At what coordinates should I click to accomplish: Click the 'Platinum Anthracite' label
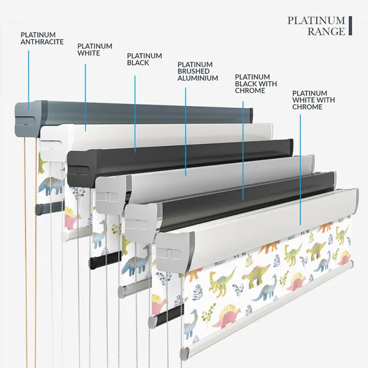tap(42, 38)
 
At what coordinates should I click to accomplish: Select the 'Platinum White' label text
tap(95, 50)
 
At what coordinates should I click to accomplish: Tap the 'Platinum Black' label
tap(145, 59)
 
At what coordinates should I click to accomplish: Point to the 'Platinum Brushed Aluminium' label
tap(198, 72)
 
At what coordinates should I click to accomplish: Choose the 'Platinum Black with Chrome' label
tap(256, 84)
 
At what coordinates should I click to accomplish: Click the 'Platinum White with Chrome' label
tap(314, 100)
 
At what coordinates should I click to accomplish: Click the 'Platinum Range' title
tap(316, 26)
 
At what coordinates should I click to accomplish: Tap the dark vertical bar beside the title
tap(350, 26)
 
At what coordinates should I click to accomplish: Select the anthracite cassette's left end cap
tap(27, 119)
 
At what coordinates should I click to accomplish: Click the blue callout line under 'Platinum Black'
tap(135, 114)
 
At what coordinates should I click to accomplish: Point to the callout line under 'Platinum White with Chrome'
tap(300, 170)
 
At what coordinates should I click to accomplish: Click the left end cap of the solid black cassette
tap(81, 168)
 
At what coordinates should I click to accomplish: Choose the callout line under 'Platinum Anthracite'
tap(29, 80)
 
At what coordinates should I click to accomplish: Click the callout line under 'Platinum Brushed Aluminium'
tap(186, 132)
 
